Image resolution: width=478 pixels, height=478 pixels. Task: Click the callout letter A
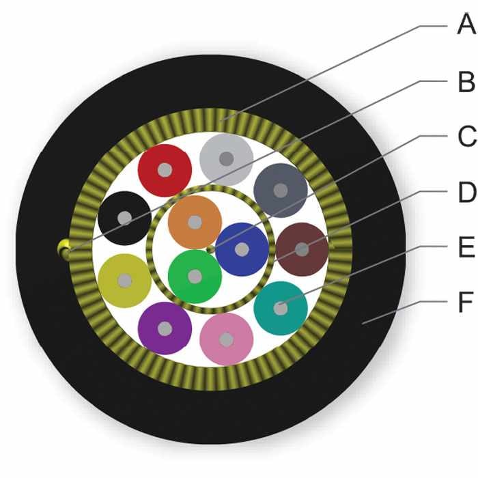tap(466, 25)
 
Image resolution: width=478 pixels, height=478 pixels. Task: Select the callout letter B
tap(466, 81)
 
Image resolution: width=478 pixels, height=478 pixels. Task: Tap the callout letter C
tap(467, 137)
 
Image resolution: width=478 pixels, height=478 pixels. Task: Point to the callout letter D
tap(467, 192)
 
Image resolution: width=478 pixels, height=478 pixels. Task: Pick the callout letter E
tap(466, 247)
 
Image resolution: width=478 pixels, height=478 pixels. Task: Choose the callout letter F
tap(466, 302)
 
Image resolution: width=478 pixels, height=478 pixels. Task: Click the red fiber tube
tap(165, 170)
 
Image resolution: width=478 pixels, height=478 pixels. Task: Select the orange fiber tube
tap(195, 222)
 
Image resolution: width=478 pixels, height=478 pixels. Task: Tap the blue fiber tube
tap(242, 250)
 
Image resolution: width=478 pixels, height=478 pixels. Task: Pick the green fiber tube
tap(195, 277)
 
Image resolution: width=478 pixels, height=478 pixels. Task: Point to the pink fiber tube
tap(227, 339)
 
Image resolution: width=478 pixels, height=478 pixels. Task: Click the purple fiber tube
tap(165, 328)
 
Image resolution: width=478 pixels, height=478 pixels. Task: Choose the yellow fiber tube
tap(125, 281)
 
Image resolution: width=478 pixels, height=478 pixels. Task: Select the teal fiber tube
tap(281, 308)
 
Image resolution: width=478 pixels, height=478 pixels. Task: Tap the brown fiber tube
tap(302, 250)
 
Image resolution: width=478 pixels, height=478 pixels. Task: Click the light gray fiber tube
tap(227, 159)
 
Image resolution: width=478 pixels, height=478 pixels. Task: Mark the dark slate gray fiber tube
tap(281, 191)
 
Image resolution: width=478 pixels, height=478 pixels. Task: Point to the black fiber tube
tap(125, 218)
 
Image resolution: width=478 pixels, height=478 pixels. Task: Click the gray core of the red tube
tap(165, 170)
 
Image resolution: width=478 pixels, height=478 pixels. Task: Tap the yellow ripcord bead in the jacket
tap(64, 249)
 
